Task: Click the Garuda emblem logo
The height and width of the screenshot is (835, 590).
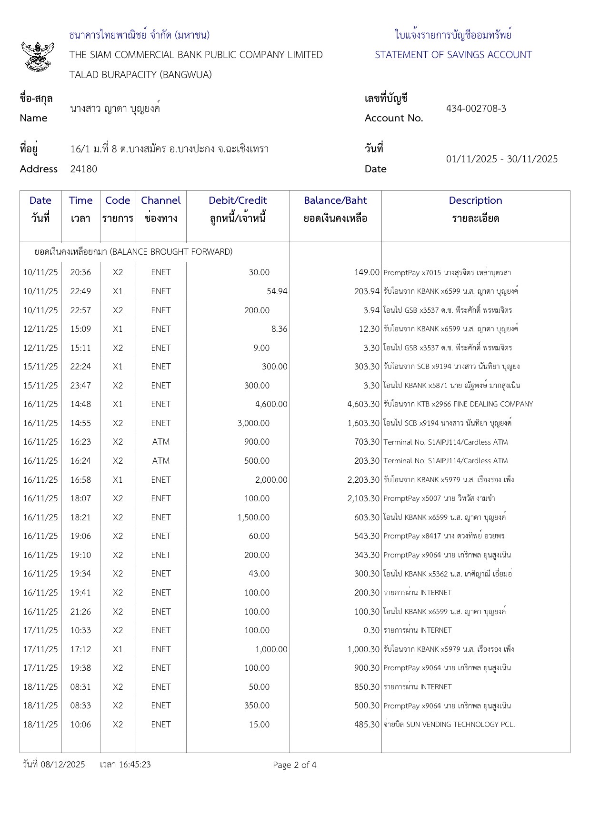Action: click(37, 56)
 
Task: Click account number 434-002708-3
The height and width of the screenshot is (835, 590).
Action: click(476, 109)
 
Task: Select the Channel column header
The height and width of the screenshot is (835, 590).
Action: click(161, 200)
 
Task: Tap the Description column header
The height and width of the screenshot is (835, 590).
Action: click(475, 200)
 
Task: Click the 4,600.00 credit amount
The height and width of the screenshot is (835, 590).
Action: click(271, 404)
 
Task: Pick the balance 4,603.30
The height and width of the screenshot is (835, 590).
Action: click(363, 404)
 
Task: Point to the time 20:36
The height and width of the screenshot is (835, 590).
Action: click(80, 272)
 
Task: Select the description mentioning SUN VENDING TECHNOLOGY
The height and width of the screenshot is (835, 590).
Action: click(449, 725)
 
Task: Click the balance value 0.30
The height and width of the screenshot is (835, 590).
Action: click(371, 630)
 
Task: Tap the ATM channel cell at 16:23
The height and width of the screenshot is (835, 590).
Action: click(161, 442)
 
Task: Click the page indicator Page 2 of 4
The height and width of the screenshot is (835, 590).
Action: click(294, 765)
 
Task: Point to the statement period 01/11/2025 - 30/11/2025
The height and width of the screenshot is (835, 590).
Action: click(502, 159)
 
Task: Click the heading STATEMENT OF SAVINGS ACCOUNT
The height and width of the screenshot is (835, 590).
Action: click(453, 55)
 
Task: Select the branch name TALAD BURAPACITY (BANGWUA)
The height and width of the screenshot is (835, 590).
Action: click(140, 75)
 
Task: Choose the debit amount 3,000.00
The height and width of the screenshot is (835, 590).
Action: click(253, 423)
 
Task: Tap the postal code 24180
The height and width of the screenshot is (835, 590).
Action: click(83, 169)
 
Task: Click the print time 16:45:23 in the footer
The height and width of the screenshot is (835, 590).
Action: click(134, 765)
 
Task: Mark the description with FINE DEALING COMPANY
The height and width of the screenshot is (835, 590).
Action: click(458, 404)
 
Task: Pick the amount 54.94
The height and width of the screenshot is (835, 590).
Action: click(277, 291)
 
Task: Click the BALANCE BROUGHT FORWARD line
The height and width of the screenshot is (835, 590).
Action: click(133, 252)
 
